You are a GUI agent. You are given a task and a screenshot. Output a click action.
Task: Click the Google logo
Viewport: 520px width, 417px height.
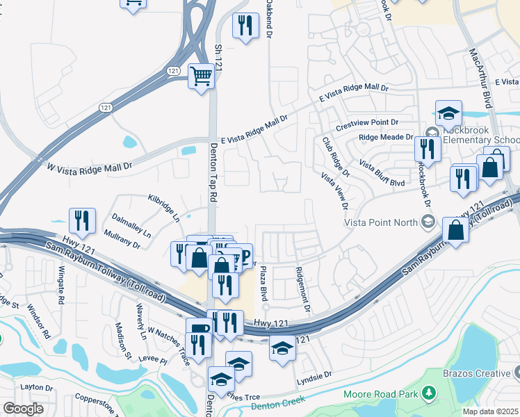[23, 409]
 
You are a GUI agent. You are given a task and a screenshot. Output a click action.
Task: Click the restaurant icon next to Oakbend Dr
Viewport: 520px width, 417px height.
[245, 26]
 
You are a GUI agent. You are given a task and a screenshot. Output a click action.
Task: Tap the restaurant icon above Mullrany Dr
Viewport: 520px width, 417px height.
[82, 220]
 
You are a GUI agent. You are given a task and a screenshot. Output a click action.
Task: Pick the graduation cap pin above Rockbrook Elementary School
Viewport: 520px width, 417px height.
[449, 112]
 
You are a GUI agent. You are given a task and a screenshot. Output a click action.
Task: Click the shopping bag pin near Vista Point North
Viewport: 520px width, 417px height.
[455, 230]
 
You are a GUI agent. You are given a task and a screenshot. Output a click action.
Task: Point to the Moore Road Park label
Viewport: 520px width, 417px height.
[381, 395]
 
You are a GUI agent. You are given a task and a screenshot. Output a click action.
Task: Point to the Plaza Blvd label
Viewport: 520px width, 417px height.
[263, 286]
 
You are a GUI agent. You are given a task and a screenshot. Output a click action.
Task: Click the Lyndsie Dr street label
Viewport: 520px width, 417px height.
[314, 374]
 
